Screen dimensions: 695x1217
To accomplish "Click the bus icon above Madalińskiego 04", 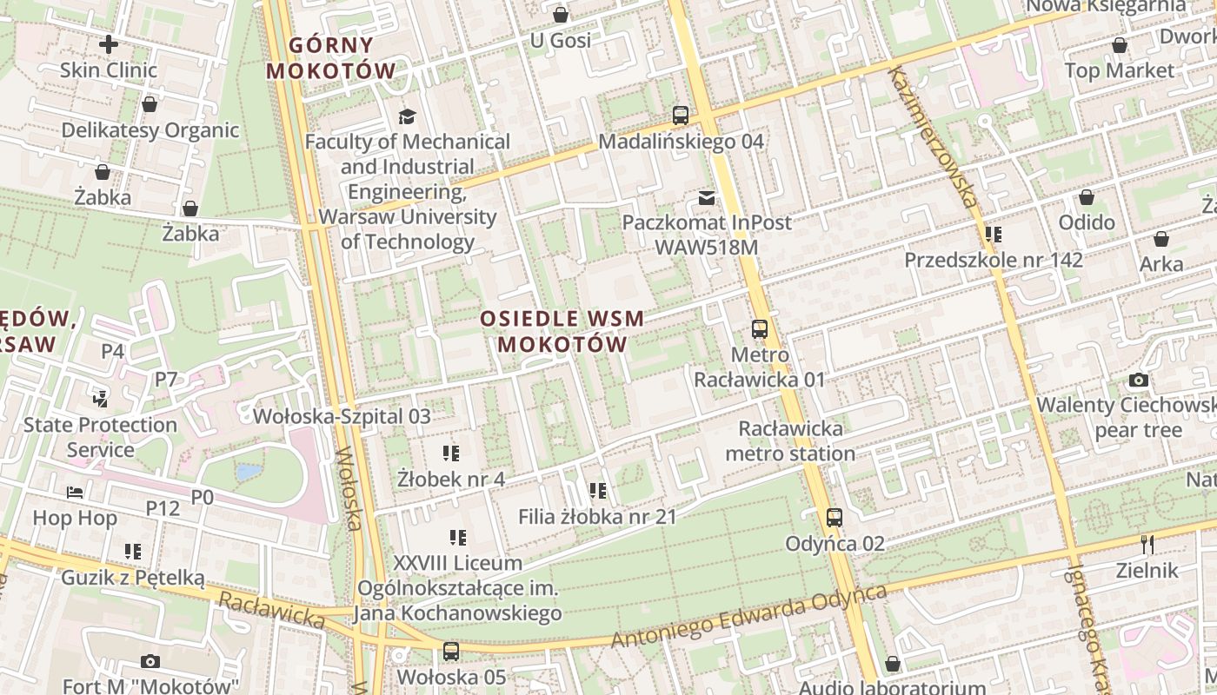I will click(x=680, y=115).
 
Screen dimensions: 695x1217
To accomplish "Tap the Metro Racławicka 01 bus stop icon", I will click(x=759, y=329).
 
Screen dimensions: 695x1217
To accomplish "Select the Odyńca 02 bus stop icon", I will click(x=834, y=518).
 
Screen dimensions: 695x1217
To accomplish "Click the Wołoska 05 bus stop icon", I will click(x=450, y=651).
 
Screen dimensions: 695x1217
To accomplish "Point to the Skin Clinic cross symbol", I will click(x=109, y=43).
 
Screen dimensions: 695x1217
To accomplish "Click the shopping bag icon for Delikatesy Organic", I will click(x=150, y=104).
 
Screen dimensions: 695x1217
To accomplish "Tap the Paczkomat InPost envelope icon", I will click(x=706, y=197).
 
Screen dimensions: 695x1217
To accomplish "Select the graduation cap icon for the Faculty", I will click(x=407, y=116).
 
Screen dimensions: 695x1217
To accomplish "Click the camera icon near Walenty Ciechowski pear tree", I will click(x=1138, y=380).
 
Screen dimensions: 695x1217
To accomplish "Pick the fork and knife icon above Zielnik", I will click(x=1147, y=545).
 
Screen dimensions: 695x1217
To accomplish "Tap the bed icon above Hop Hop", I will click(x=75, y=493).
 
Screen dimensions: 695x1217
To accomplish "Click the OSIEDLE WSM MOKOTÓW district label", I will click(x=562, y=331).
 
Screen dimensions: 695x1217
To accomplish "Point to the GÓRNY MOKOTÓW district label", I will click(x=330, y=57).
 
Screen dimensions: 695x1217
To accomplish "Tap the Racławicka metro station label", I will click(x=789, y=440).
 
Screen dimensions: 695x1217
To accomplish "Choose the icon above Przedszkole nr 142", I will click(x=993, y=235).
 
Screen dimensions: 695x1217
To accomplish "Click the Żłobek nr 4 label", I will click(x=450, y=479).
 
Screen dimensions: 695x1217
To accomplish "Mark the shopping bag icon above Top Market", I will click(x=1119, y=45).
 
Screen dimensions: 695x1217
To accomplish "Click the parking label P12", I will click(x=163, y=508).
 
